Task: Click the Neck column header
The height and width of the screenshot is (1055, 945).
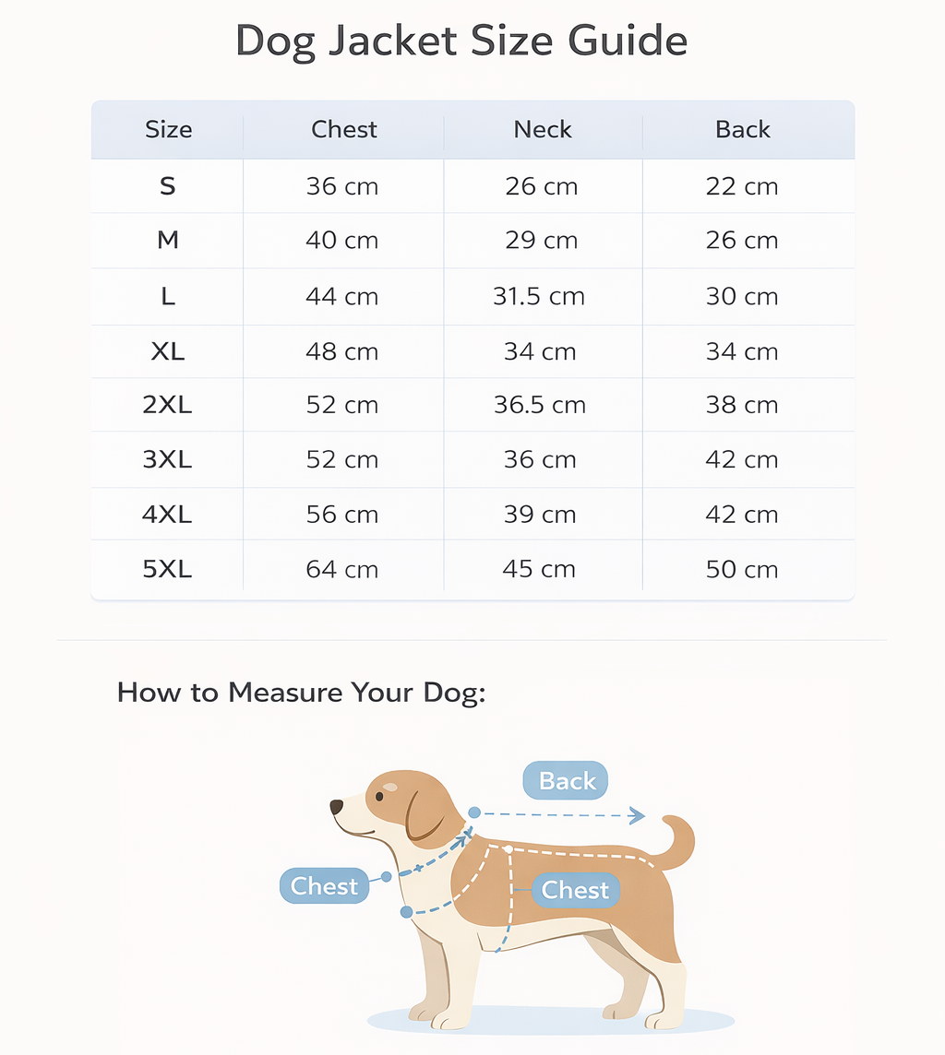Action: pyautogui.click(x=543, y=130)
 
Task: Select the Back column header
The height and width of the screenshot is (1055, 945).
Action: pyautogui.click(x=742, y=130)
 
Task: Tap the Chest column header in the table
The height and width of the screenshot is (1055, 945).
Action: pyautogui.click(x=344, y=130)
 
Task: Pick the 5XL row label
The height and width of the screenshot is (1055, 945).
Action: pyautogui.click(x=167, y=570)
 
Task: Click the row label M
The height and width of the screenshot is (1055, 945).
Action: pyautogui.click(x=167, y=241)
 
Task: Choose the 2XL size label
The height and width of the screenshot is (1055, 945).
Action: pyautogui.click(x=167, y=405)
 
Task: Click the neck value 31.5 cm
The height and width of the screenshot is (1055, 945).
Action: pyautogui.click(x=539, y=297)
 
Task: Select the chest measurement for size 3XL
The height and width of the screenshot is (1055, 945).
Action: pyautogui.click(x=341, y=460)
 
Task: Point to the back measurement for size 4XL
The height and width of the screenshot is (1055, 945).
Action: pyautogui.click(x=741, y=515)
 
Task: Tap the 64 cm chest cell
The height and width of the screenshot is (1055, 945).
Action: pyautogui.click(x=341, y=570)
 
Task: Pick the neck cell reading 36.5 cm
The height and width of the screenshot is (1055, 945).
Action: pyautogui.click(x=539, y=405)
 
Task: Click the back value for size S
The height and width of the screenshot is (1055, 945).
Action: pyautogui.click(x=741, y=186)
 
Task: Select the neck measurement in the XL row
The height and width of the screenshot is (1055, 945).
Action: pyautogui.click(x=540, y=351)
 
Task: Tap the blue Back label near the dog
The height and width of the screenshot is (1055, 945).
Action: pyautogui.click(x=566, y=781)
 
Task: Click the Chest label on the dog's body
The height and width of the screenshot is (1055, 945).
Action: pyautogui.click(x=575, y=890)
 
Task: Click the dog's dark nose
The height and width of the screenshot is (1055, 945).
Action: pyautogui.click(x=337, y=807)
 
